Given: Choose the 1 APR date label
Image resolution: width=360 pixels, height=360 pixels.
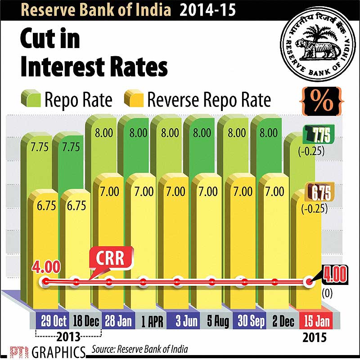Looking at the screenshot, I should (145, 322).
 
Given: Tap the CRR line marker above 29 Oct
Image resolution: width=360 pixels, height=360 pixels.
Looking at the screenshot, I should (44, 282).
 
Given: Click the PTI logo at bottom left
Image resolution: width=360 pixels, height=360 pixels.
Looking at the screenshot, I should (13, 351).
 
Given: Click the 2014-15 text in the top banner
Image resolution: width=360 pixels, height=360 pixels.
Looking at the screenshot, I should (208, 9).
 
